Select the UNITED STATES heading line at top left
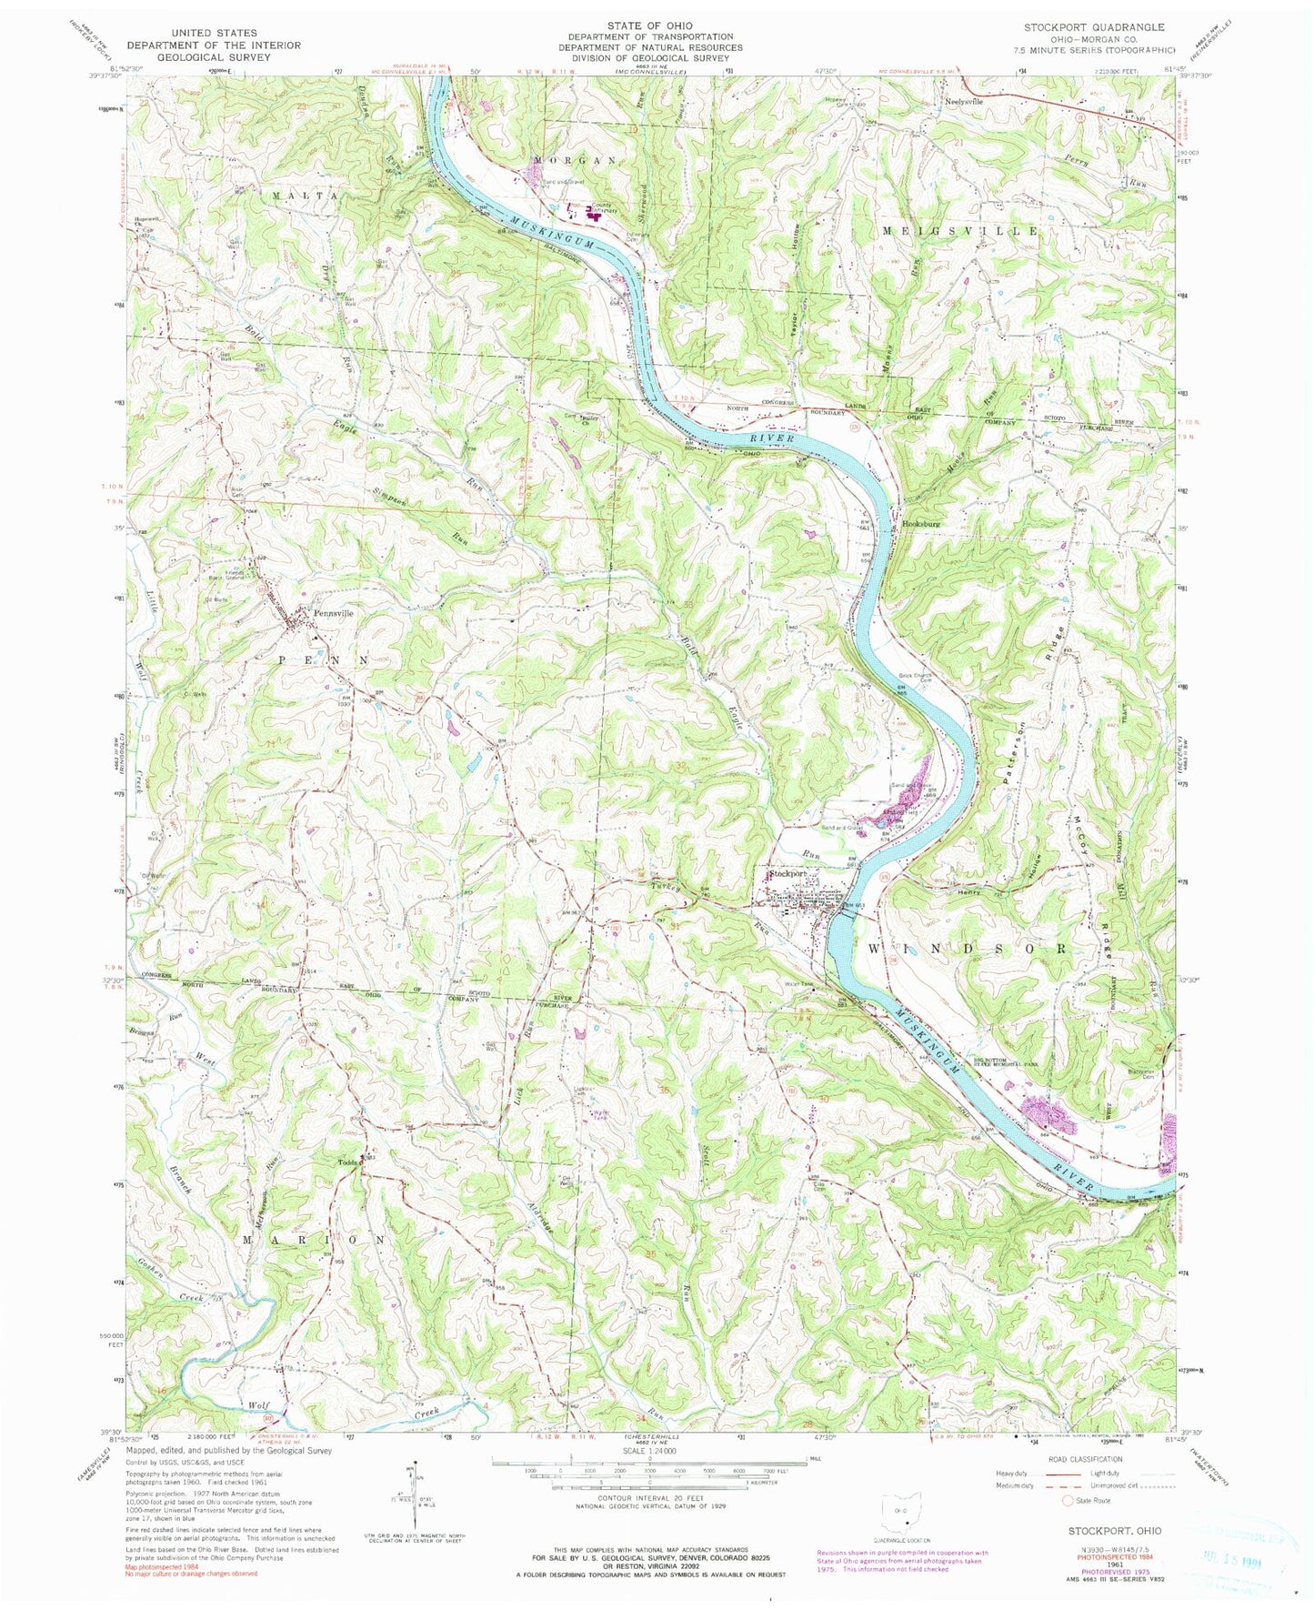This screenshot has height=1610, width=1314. coord(190,30)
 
